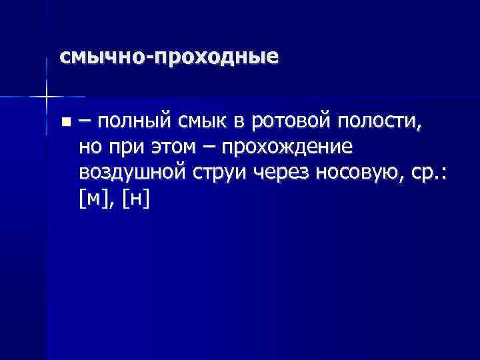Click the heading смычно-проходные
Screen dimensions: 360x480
(169, 57)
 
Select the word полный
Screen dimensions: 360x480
(135, 122)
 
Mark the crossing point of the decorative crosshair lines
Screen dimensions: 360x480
(46, 97)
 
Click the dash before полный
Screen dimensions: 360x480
(86, 122)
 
